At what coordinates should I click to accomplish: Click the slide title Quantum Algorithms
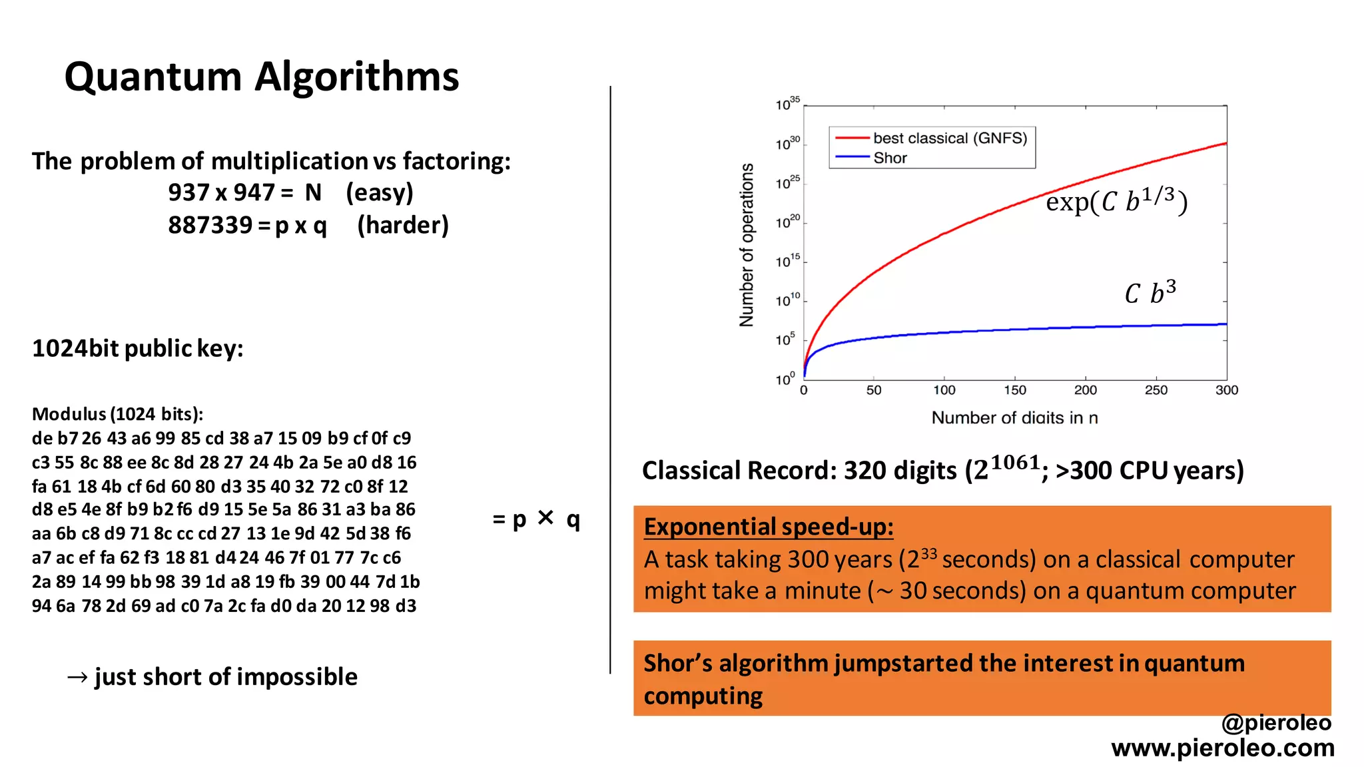tap(261, 77)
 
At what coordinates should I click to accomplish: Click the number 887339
tap(210, 225)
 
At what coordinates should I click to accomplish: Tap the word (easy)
tap(379, 192)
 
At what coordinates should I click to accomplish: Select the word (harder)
tap(402, 225)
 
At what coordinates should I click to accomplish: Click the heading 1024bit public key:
tap(137, 348)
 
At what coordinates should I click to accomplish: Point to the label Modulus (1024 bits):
tap(117, 414)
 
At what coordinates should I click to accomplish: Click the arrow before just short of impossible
tap(77, 677)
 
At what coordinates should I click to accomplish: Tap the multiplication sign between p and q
tap(545, 517)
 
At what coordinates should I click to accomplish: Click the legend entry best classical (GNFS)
tap(949, 138)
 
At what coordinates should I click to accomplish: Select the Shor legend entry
tap(890, 158)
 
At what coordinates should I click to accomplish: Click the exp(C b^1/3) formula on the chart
tap(1116, 200)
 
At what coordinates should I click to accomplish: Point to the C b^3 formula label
tap(1150, 292)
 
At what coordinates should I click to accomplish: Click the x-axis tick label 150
tap(1014, 390)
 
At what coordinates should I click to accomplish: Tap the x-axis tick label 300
tap(1226, 390)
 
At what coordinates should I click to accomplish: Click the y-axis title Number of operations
tap(747, 245)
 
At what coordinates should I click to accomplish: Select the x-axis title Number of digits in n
tap(1014, 418)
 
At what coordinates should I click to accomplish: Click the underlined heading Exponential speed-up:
tap(769, 527)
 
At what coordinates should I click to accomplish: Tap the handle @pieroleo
tap(1276, 722)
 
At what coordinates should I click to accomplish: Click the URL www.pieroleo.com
tap(1222, 748)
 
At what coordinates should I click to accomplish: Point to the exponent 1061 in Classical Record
tap(1015, 462)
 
